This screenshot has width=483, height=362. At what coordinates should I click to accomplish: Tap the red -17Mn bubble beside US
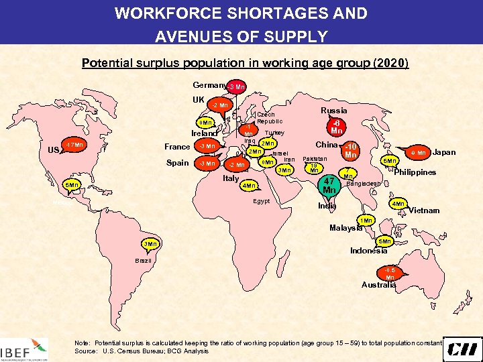click(x=74, y=145)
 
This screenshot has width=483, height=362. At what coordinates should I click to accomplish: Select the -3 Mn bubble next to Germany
click(x=236, y=86)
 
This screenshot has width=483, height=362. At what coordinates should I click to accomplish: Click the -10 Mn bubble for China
click(x=350, y=152)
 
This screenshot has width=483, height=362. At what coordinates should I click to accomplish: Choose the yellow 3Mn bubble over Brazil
click(x=151, y=243)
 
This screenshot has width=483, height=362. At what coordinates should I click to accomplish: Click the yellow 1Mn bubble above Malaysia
click(x=366, y=221)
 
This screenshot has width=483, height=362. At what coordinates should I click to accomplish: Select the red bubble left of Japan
click(x=417, y=154)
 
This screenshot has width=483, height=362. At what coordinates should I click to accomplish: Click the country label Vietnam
click(x=425, y=210)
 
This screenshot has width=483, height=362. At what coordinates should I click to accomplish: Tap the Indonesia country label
click(x=368, y=251)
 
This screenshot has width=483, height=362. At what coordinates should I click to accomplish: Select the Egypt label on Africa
click(x=262, y=201)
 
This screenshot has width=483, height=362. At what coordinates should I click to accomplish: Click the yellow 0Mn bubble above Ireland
click(x=205, y=123)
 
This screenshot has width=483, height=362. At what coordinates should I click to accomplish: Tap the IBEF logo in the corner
click(x=25, y=348)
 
